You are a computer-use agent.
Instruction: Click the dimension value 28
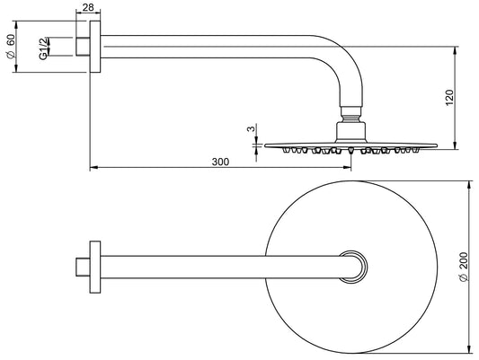pyautogui.click(x=87, y=8)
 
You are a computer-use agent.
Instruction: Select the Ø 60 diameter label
pyautogui.click(x=12, y=48)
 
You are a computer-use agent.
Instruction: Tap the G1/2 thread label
pyautogui.click(x=42, y=48)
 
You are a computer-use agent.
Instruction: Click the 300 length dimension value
pyautogui.click(x=220, y=162)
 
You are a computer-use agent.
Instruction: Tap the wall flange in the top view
pyautogui.click(x=94, y=267)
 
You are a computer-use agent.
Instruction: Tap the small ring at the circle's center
pyautogui.click(x=356, y=267)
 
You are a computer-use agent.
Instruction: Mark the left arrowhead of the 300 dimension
pyautogui.click(x=93, y=168)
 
